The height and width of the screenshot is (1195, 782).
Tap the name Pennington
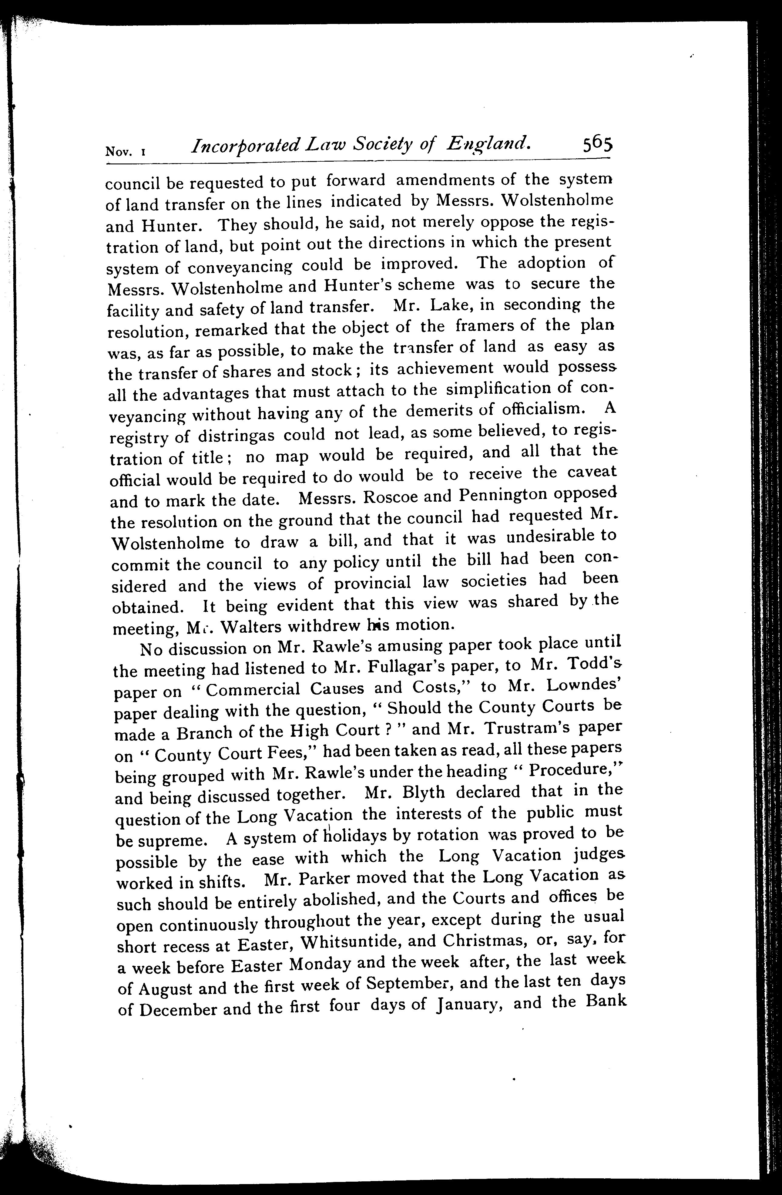click(x=502, y=496)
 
